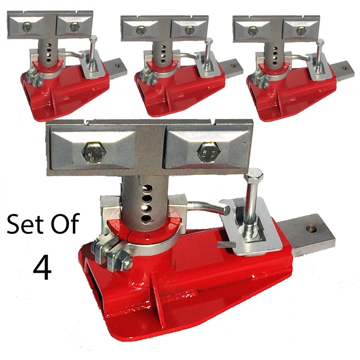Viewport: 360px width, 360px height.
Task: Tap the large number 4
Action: point(42,268)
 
